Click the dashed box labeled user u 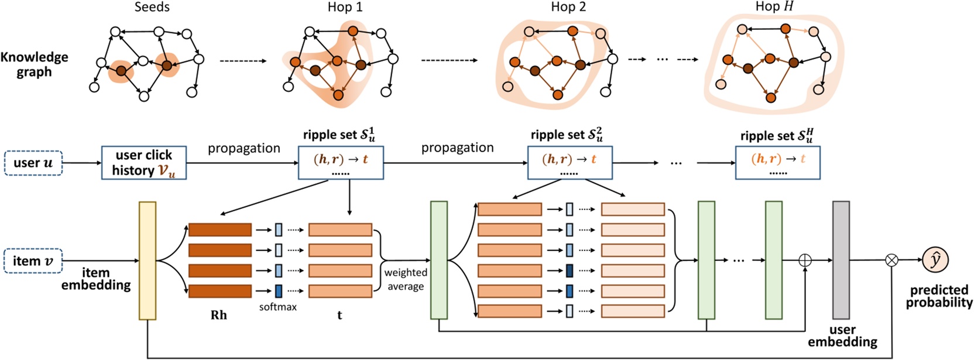33,163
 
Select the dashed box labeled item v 33,261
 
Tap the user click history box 144,163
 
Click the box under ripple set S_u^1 341,163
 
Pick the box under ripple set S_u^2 570,163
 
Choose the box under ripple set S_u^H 777,163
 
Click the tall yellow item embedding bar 148,260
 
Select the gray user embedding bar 841,260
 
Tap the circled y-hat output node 935,260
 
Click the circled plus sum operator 805,260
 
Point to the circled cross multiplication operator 891,260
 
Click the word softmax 278,307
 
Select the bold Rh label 218,315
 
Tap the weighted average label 405,279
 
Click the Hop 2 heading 568,8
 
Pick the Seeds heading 152,8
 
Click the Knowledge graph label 34,64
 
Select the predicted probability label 939,296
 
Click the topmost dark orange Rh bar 220,229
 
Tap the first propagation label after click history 243,148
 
